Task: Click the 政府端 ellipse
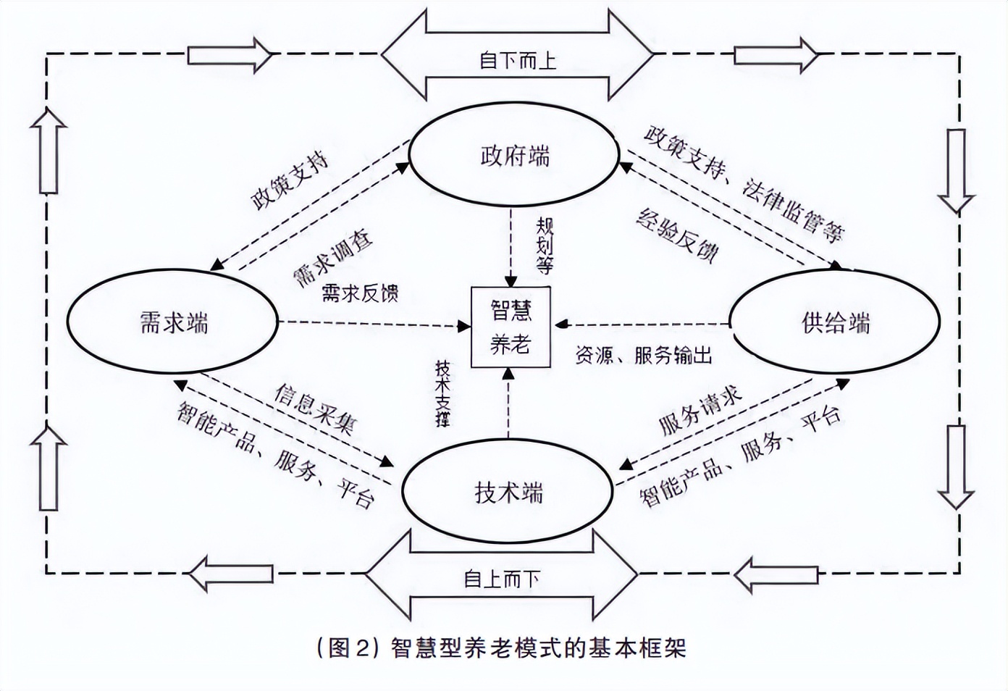click(514, 156)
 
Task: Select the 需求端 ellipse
click(172, 322)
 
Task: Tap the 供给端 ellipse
click(834, 322)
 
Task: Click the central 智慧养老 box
click(511, 327)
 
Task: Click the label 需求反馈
click(360, 293)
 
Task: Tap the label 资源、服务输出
click(643, 355)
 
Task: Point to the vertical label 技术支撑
click(442, 393)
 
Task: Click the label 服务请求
click(700, 410)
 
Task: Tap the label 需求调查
click(332, 258)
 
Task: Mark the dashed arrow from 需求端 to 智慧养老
click(373, 324)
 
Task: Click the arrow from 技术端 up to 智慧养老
click(509, 403)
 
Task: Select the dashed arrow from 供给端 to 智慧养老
click(642, 324)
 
